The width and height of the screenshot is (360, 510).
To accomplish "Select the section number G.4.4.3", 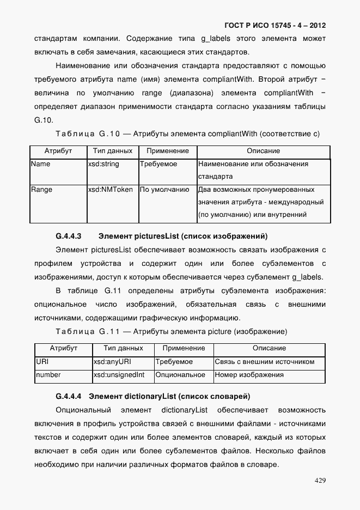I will tap(68, 236).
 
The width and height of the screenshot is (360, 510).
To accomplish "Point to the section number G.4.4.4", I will tap(68, 396).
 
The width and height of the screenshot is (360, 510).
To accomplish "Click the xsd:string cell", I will tap(103, 164).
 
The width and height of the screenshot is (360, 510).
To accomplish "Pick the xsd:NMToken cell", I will tap(111, 190).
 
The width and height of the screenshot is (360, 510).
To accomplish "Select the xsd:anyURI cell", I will tap(112, 362).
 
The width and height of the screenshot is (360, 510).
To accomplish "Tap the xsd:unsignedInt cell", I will tap(119, 375).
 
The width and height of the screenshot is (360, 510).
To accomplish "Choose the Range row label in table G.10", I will tap(41, 190).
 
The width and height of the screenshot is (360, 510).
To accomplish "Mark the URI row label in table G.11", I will tap(42, 362).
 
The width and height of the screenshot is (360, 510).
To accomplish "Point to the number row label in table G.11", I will tap(48, 375).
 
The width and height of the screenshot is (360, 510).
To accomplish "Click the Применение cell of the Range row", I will tap(164, 190).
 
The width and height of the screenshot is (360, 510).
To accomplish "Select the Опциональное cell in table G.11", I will tap(180, 375).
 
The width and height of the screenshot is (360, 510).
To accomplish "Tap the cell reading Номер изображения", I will tap(249, 375).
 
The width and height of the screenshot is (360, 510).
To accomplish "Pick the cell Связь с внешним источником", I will tap(265, 362).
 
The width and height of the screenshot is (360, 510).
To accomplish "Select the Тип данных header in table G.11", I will tap(123, 348).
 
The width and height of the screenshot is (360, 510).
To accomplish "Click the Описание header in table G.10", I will tap(264, 151).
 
